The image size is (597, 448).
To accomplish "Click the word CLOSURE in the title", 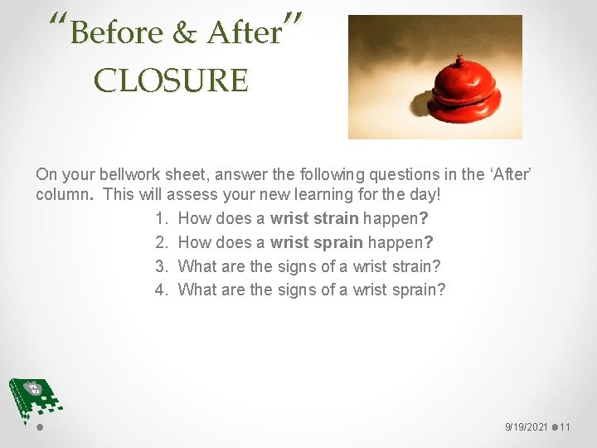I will (x=171, y=80).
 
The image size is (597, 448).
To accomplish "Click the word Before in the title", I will (x=117, y=33).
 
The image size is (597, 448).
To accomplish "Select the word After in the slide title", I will (x=245, y=33).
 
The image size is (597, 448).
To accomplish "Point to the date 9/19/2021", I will (x=527, y=427).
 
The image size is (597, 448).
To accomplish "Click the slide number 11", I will (x=565, y=427).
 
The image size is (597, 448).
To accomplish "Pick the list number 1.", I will (x=161, y=219).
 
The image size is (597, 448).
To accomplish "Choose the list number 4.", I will (x=161, y=290).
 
